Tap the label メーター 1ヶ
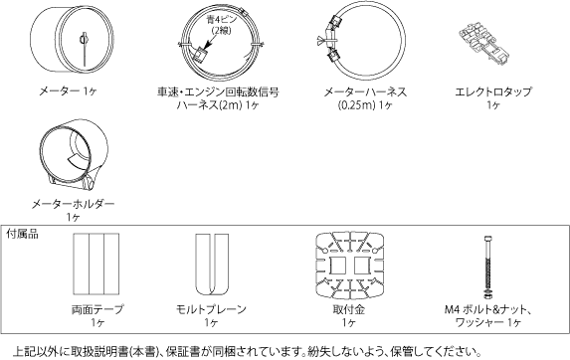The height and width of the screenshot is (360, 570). tap(67, 90)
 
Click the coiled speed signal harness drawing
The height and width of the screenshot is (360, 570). tap(218, 47)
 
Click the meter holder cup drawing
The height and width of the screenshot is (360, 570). tap(74, 154)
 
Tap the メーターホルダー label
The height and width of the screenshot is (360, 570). tap(74, 203)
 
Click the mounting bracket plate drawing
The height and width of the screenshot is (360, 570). tap(348, 265)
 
